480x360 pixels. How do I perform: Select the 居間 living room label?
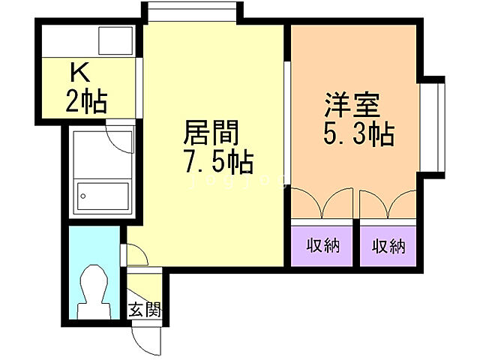tap(211, 134)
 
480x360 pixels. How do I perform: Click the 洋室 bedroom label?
tap(351, 104)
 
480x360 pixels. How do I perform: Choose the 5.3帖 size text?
tap(359, 135)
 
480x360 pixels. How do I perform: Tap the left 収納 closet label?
tap(323, 246)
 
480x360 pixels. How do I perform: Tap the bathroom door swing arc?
tap(120, 138)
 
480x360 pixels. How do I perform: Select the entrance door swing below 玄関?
tap(147, 337)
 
